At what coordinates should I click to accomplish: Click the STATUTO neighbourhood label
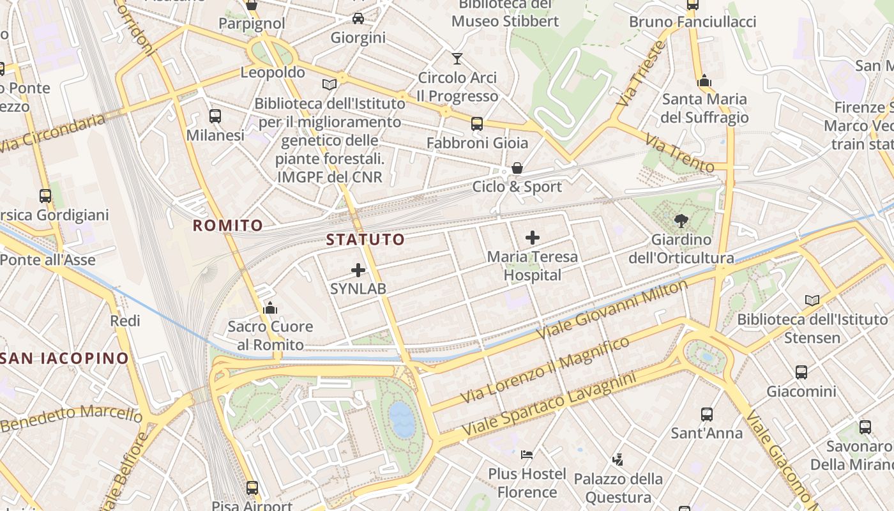(x=365, y=240)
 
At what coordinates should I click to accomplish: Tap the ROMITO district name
(x=228, y=225)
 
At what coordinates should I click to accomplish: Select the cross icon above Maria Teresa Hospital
(x=532, y=238)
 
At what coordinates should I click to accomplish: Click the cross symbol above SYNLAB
(x=358, y=270)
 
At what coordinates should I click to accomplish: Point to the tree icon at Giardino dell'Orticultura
(x=681, y=221)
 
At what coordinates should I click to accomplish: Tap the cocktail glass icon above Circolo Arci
(x=457, y=59)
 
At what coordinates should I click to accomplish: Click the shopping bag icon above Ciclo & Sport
(x=517, y=168)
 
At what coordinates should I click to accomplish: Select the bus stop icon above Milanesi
(x=215, y=116)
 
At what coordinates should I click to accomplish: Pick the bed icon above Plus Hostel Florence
(x=527, y=455)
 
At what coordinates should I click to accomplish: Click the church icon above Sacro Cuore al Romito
(x=270, y=308)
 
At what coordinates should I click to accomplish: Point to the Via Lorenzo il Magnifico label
(x=545, y=370)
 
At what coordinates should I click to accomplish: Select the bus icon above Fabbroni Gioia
(x=477, y=124)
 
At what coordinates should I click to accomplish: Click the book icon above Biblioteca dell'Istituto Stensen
(x=812, y=300)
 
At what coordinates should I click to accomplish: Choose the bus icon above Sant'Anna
(x=706, y=414)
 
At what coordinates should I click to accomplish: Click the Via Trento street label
(x=679, y=153)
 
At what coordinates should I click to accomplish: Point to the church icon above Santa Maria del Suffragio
(x=704, y=80)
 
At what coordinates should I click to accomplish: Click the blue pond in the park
(x=402, y=419)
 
